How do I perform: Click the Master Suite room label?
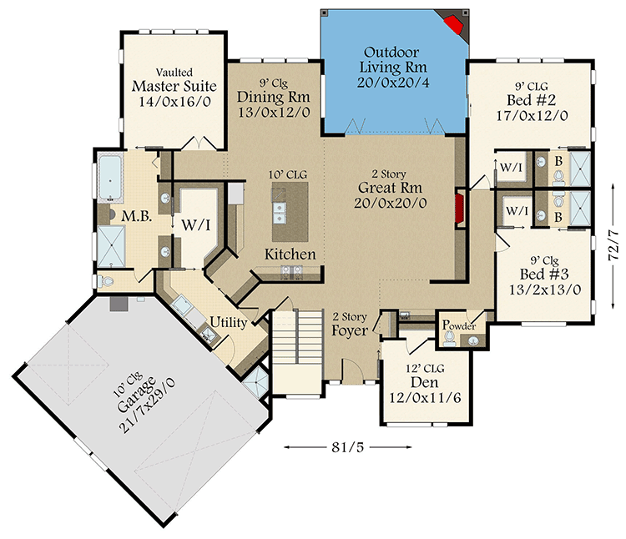point(174,86)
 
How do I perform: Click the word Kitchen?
point(290,254)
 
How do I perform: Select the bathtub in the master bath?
point(110,178)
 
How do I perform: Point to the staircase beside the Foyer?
point(296,339)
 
